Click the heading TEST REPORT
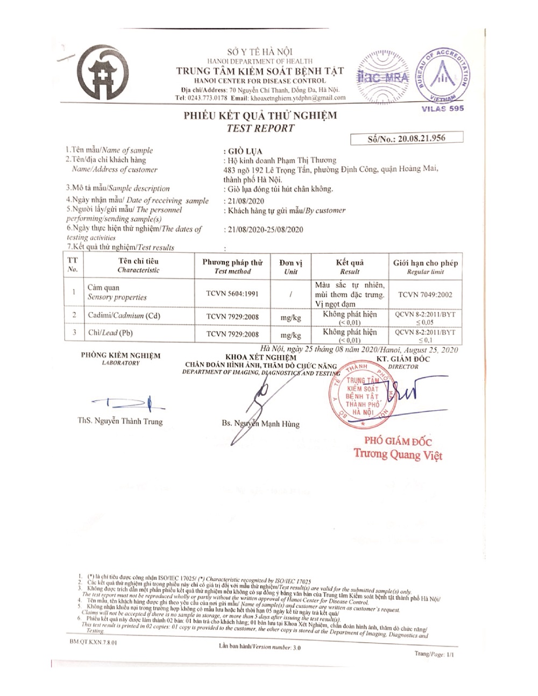point(260,128)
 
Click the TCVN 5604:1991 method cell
point(232,294)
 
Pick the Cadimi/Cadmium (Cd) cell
point(124,316)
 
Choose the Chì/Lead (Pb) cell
point(110,333)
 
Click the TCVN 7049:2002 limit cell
point(425,295)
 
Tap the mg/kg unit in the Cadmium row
point(291,317)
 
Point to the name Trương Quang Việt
point(398,455)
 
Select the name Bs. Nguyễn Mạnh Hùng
point(260,424)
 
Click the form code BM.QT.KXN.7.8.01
point(94,642)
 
